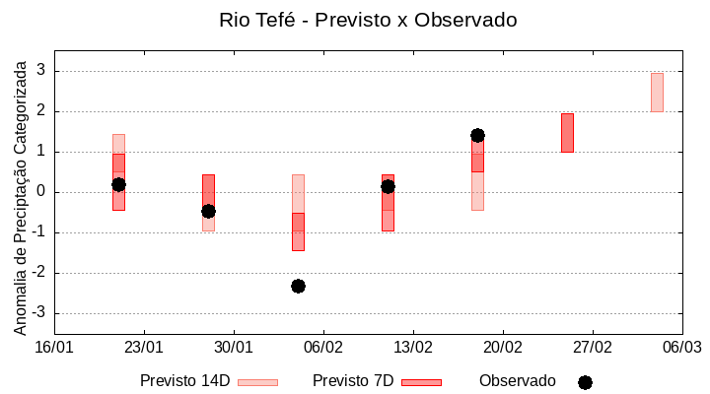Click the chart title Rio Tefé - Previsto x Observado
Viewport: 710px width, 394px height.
coord(368,20)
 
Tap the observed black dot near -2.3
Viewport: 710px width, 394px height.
coord(298,286)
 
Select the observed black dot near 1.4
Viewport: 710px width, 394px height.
coord(477,135)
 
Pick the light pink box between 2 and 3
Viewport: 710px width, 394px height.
coord(657,92)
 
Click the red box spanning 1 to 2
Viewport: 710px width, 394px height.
coord(567,132)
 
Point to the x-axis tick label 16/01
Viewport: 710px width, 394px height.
coord(54,347)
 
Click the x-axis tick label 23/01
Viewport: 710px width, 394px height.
coord(144,347)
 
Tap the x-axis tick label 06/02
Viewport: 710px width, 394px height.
coord(323,347)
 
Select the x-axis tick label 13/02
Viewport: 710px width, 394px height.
coord(413,347)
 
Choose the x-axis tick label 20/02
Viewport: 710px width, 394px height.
coord(503,347)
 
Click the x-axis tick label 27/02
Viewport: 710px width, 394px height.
coord(593,347)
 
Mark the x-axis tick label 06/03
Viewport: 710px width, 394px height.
coord(681,347)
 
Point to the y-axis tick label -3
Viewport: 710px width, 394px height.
coord(39,313)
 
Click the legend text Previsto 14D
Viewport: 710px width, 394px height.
coord(185,381)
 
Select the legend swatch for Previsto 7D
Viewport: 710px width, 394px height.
coord(421,382)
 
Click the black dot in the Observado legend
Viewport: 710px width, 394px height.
coord(585,382)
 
